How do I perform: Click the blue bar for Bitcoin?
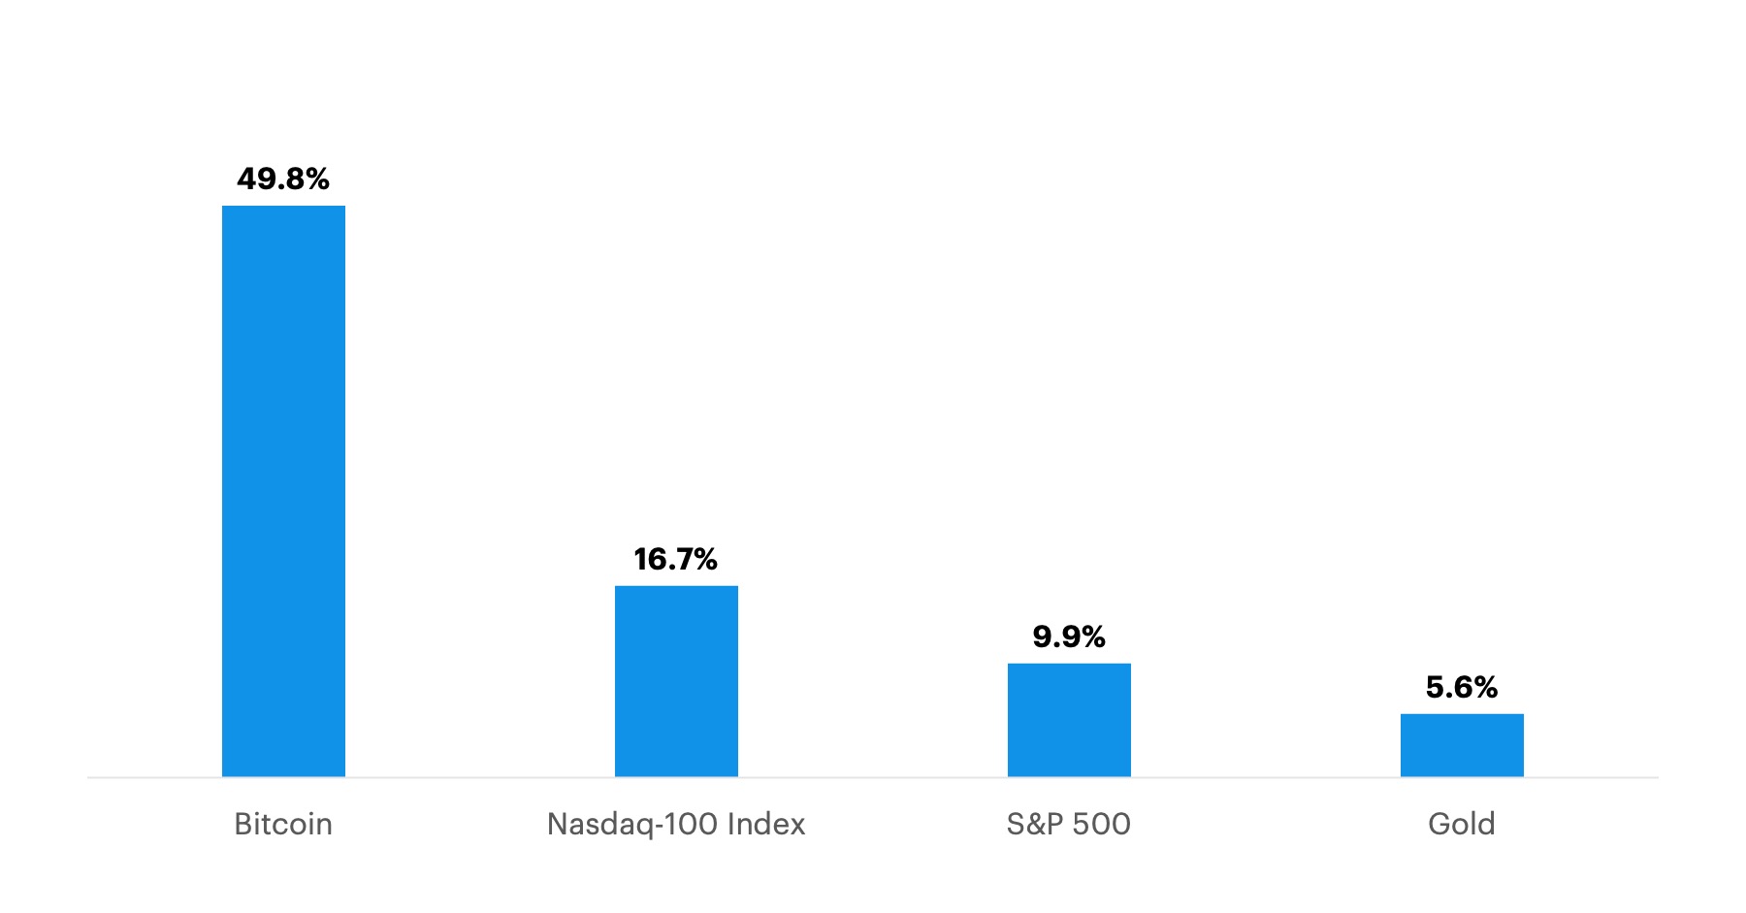(283, 490)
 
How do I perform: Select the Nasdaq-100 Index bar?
(676, 680)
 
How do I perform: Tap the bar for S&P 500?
(1069, 719)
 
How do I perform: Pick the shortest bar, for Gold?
(1462, 744)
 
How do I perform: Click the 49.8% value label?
(283, 179)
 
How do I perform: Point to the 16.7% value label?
(676, 559)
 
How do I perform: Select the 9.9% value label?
(1069, 636)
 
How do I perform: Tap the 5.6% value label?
(1462, 687)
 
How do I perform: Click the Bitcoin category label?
(283, 824)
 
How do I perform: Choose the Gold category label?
(1462, 824)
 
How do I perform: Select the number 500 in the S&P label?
(1101, 824)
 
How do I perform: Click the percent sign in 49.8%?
(316, 179)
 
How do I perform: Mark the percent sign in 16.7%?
(703, 559)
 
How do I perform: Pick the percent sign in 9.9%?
(1092, 636)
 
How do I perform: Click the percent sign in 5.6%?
(1485, 687)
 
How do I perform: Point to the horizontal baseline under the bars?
(873, 777)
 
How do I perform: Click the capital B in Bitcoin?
(243, 824)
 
